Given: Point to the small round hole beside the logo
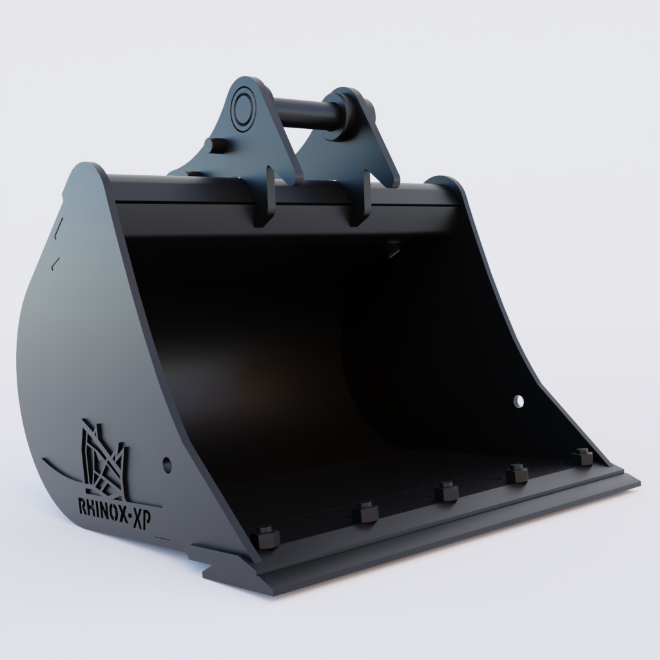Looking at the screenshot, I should pos(167,463).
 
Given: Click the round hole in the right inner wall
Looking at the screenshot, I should pos(519,401).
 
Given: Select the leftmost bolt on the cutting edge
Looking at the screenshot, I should pos(266,537).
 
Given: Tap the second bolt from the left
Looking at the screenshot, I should pos(365,512).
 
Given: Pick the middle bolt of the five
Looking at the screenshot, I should pos(446,492).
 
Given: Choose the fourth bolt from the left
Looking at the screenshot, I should pos(516,474).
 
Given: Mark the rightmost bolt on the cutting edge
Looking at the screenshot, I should pos(582,457).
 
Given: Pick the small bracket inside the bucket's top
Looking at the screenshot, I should pos(394,249).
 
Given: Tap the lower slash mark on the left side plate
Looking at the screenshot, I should pos(56,261).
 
